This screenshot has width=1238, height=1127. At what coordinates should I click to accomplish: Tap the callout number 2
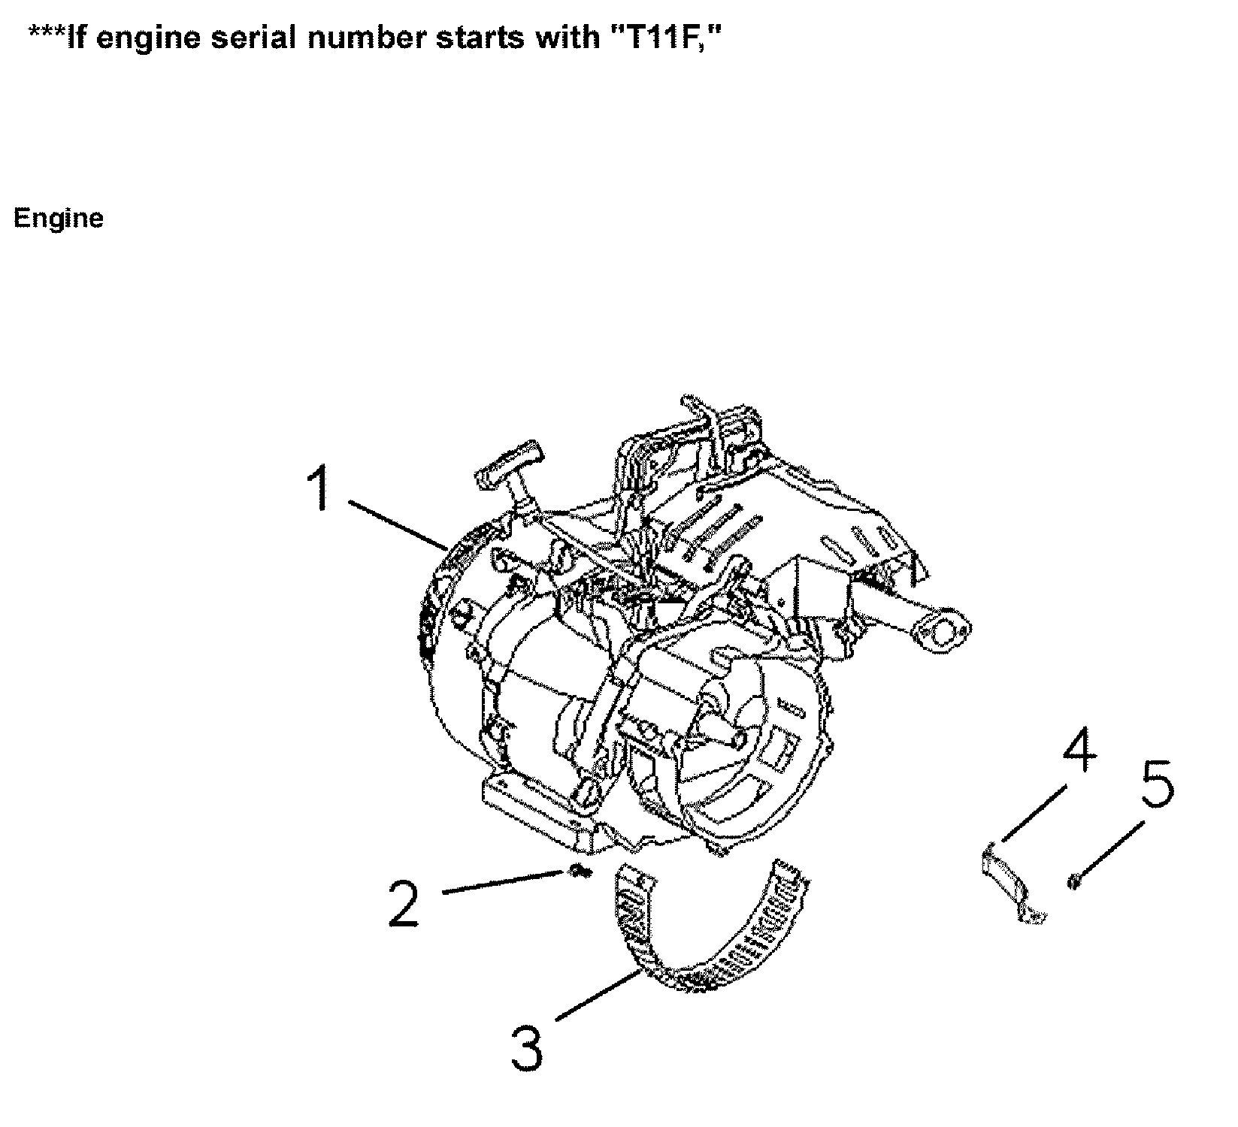tap(404, 904)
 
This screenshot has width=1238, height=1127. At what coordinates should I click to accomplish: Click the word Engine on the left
tap(59, 219)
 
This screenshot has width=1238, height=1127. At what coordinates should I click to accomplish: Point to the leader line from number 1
tap(398, 525)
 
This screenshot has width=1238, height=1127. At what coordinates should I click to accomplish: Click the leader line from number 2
tap(504, 882)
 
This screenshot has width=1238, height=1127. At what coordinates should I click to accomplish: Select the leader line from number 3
tap(598, 996)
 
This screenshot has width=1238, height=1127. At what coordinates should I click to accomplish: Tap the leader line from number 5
tap(1109, 849)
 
